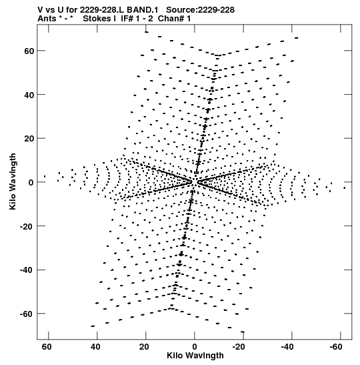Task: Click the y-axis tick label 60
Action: [29, 51]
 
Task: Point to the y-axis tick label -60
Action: [27, 314]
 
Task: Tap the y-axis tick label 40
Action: [29, 95]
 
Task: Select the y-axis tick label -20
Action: [27, 226]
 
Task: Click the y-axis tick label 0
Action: [31, 183]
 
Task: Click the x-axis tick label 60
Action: [47, 347]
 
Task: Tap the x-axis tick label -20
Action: [239, 347]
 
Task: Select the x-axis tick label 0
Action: [195, 347]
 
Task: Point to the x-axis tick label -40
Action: [287, 347]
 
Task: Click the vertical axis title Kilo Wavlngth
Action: [13, 181]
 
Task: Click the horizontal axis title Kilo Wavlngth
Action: [195, 356]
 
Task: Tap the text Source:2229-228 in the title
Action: [200, 10]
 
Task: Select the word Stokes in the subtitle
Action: [97, 19]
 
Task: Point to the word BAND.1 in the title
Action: [142, 10]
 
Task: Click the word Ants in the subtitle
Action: [47, 19]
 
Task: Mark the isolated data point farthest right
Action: [345, 188]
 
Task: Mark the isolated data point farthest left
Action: [45, 176]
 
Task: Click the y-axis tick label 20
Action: [29, 139]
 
